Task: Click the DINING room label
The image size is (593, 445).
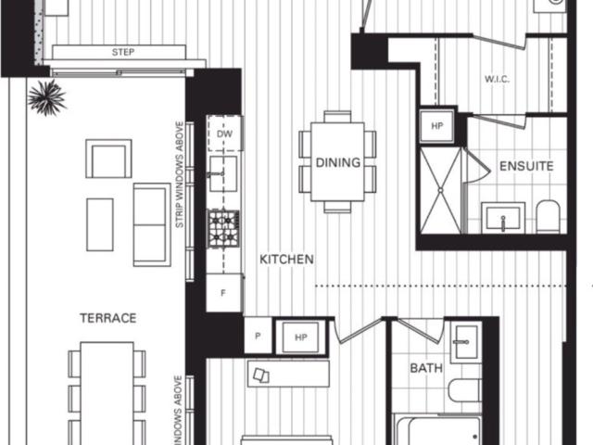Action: pyautogui.click(x=337, y=163)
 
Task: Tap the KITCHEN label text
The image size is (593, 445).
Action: pyautogui.click(x=286, y=260)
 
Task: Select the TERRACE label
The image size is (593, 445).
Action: pyautogui.click(x=107, y=318)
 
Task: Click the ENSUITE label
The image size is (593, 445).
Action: pyautogui.click(x=526, y=167)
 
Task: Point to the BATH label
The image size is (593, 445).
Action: pyautogui.click(x=427, y=368)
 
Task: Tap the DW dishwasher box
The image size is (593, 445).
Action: pyautogui.click(x=223, y=134)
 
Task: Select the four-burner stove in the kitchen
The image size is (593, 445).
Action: pyautogui.click(x=223, y=227)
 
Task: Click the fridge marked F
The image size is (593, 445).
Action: pyautogui.click(x=223, y=293)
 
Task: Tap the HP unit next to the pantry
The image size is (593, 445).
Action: pyautogui.click(x=301, y=338)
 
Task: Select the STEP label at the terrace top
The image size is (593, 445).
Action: pyautogui.click(x=122, y=52)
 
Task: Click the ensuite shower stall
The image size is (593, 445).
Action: pyautogui.click(x=440, y=190)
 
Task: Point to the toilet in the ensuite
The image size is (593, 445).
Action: pyautogui.click(x=548, y=216)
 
